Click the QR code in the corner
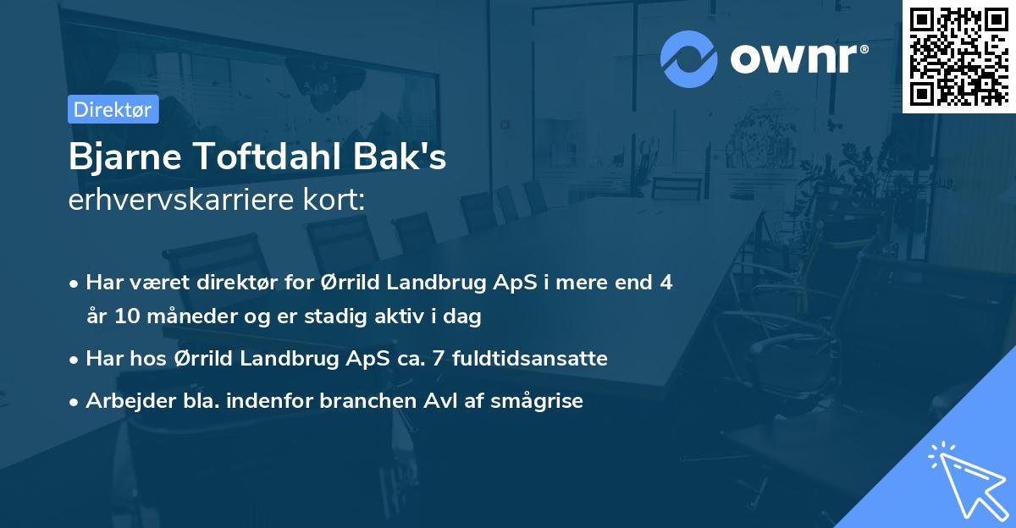pos(958,56)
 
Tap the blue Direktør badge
pos(113,109)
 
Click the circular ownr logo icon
pos(688,58)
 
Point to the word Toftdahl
pos(270,158)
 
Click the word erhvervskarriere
pos(181,201)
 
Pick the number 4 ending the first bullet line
pos(667,283)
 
